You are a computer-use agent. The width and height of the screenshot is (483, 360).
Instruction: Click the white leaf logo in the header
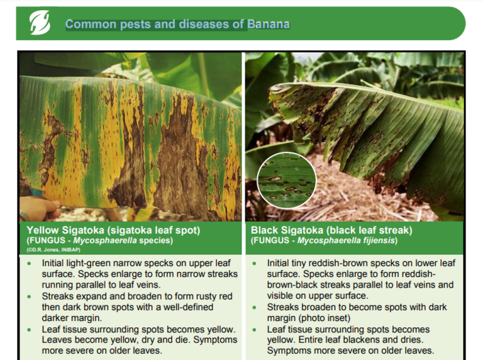pos(40,23)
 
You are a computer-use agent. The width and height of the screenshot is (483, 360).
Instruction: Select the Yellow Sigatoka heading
pos(113,230)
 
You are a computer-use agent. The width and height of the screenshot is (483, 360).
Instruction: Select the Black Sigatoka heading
pos(331,230)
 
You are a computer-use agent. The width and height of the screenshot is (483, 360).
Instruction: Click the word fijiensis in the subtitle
pos(379,240)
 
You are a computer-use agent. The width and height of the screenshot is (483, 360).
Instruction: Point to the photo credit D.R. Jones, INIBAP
pos(53,250)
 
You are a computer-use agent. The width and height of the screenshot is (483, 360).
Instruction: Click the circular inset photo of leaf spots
pos(287,180)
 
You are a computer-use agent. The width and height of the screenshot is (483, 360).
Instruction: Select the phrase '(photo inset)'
pos(325,318)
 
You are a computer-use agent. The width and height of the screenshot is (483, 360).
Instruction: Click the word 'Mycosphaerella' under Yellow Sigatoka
pos(105,240)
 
